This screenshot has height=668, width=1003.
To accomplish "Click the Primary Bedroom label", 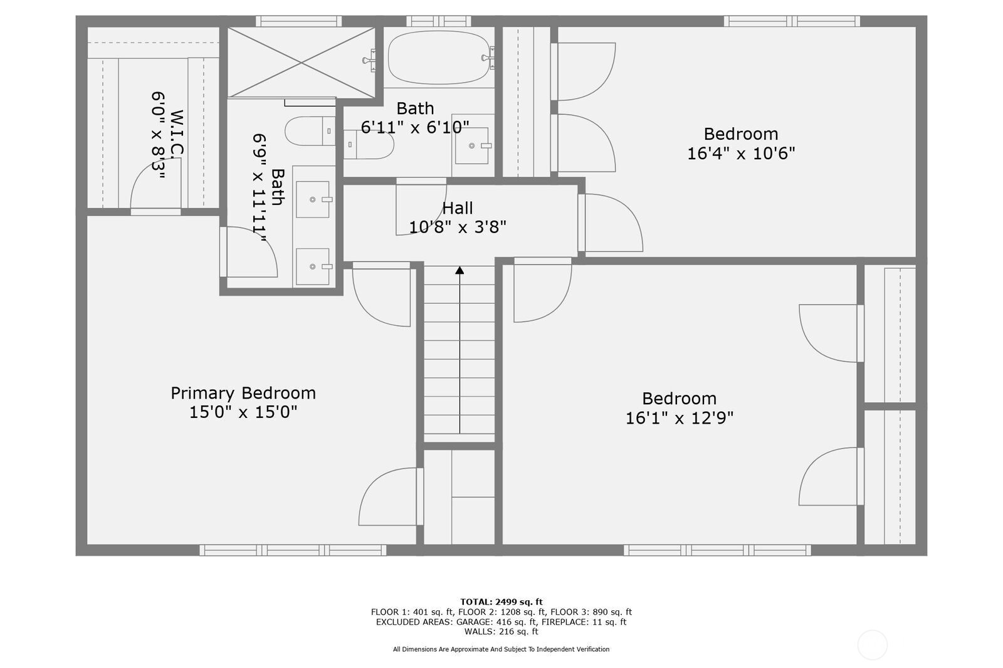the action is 243,394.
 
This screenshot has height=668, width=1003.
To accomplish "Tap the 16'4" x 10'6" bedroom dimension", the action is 741,154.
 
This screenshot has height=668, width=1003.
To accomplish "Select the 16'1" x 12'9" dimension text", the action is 680,418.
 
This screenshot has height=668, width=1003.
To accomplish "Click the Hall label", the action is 458,208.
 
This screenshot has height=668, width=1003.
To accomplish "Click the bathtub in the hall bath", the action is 439,57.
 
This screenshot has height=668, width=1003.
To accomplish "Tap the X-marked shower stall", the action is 302,62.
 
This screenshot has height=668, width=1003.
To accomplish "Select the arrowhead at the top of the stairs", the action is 459,270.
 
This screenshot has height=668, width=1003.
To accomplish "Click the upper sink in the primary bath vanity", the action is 313,199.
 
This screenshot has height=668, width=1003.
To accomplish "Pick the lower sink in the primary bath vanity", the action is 313,266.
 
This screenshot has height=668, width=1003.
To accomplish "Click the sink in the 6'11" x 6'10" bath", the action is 473,145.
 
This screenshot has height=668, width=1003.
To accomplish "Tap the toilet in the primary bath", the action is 310,131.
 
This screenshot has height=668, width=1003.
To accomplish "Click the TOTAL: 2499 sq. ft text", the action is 501,602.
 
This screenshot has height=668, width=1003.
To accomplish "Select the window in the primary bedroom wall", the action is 293,550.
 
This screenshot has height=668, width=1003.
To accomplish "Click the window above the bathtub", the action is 439,21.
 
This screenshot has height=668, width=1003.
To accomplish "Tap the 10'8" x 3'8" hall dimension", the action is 458,227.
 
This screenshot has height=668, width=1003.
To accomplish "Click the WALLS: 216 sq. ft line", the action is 501,632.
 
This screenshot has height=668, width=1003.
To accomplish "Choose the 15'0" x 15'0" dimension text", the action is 243,412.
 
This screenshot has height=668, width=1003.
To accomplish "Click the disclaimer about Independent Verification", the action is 501,649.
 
